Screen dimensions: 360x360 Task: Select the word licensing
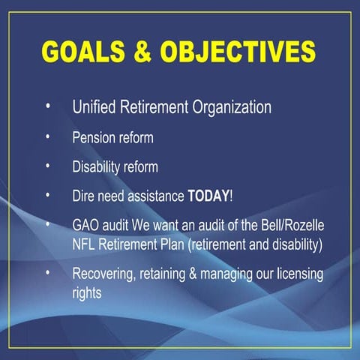[x=299, y=274]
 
